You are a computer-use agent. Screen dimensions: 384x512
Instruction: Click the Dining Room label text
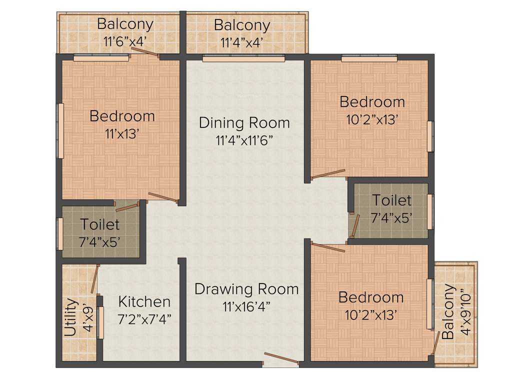(244, 122)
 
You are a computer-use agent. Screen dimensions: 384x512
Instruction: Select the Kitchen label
(144, 302)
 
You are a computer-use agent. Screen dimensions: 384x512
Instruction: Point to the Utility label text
(71, 317)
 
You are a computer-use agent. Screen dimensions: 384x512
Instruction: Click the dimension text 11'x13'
(122, 134)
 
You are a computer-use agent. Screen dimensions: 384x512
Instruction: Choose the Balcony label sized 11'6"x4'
(125, 24)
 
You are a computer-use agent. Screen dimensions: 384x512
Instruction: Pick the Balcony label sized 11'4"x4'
(242, 25)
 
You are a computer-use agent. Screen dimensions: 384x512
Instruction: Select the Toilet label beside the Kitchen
(100, 224)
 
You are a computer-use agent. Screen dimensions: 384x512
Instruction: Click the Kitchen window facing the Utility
(100, 323)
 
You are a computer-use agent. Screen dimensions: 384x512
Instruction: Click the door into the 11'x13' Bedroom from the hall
(163, 197)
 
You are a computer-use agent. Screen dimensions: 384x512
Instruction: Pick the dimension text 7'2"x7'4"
(144, 319)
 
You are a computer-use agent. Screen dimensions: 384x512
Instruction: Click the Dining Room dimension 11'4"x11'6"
(244, 140)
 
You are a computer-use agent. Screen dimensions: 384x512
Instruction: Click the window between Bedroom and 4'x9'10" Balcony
(429, 304)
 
